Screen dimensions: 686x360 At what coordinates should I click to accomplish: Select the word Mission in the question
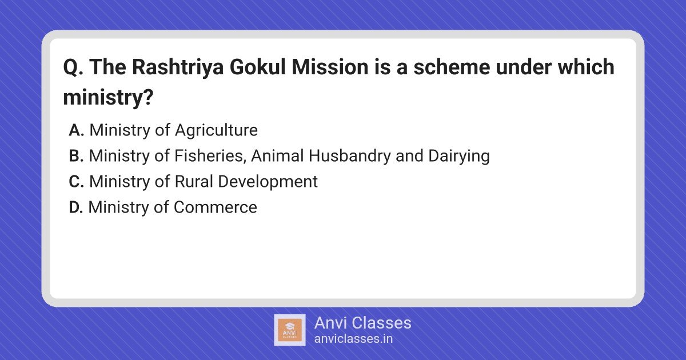[x=329, y=67]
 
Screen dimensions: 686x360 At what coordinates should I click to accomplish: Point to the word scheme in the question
[x=452, y=67]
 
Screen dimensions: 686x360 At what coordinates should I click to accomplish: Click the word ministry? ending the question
[x=108, y=98]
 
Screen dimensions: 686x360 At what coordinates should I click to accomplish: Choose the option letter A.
[x=76, y=130]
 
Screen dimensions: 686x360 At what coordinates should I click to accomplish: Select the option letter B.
[x=76, y=155]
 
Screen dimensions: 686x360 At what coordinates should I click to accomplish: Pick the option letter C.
[x=76, y=181]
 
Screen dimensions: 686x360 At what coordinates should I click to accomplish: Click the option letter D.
[x=75, y=207]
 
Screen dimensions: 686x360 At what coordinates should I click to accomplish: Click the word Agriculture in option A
[x=216, y=131]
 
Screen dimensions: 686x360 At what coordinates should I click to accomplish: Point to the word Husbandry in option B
[x=349, y=157]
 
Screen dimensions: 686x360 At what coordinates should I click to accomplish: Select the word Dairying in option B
[x=458, y=157]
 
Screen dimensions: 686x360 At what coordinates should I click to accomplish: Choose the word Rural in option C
[x=194, y=181]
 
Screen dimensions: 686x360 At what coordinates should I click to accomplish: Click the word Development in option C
[x=268, y=182]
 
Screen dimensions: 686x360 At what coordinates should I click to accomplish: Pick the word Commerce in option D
[x=216, y=207]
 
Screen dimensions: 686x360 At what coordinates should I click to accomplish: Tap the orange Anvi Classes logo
[x=289, y=330]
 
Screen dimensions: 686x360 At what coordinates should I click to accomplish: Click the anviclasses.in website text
[x=353, y=339]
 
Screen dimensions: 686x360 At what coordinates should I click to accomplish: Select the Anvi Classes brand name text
[x=362, y=323]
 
